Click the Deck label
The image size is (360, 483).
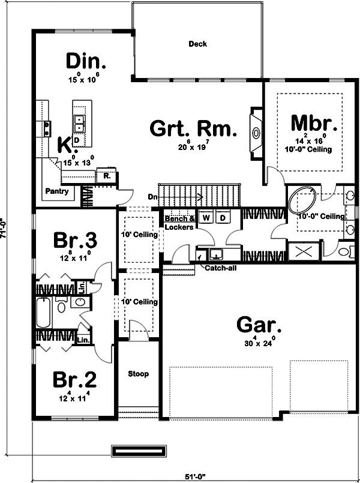point(197,44)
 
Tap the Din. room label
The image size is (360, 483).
point(86,61)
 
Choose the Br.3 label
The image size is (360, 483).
point(75,240)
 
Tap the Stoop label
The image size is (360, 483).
point(138,374)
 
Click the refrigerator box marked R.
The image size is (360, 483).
point(106,176)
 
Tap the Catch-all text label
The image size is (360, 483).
point(220,268)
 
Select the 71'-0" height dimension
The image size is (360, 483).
point(4,228)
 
